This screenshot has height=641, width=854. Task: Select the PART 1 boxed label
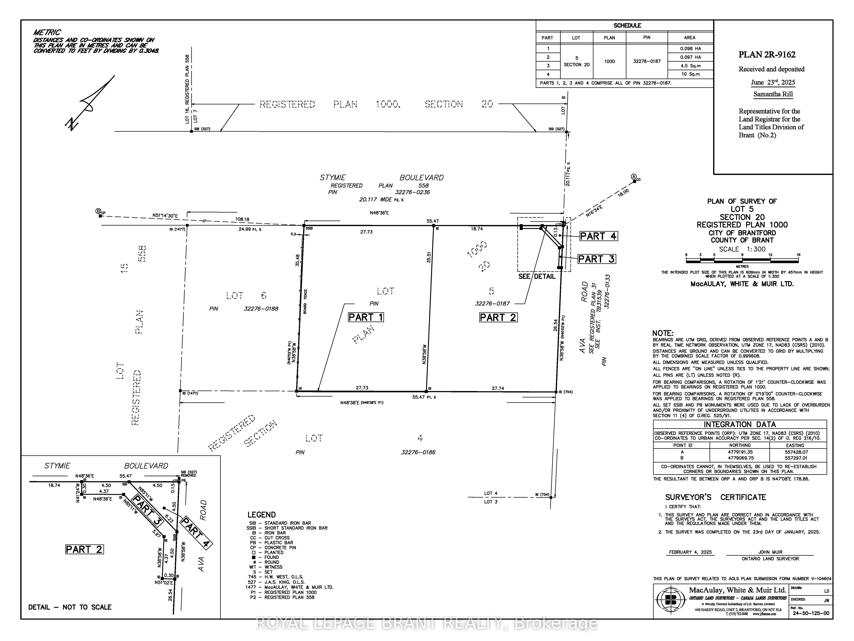point(366,317)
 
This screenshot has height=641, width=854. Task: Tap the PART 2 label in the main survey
point(498,317)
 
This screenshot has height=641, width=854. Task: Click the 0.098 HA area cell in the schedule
point(690,49)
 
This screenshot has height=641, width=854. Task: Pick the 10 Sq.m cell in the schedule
point(690,74)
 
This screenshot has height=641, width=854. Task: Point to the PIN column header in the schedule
point(647,37)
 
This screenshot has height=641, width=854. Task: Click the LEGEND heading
point(261,515)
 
